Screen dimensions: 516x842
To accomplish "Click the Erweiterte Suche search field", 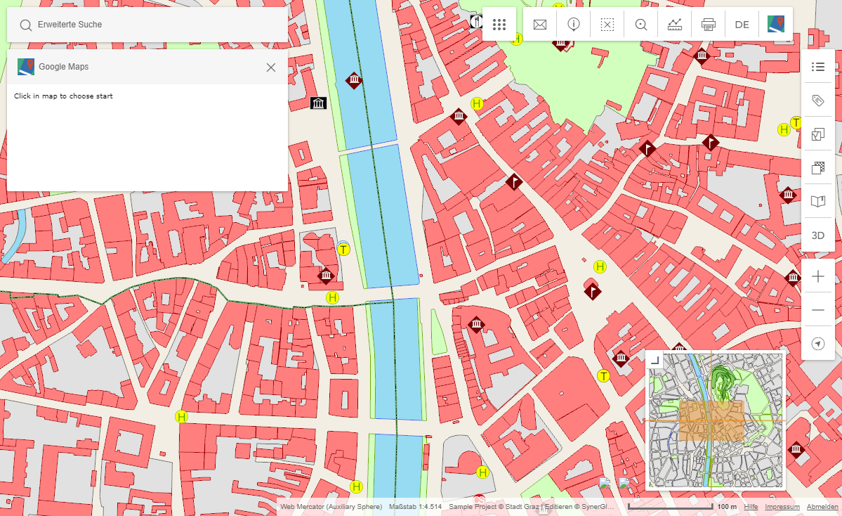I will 147,25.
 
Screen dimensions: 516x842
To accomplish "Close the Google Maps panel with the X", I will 271,67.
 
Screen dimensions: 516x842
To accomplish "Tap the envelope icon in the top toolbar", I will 540,25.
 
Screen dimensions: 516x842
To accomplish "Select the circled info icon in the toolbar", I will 574,25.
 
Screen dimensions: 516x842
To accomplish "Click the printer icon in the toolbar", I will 708,25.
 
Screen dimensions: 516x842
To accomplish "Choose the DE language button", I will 742,25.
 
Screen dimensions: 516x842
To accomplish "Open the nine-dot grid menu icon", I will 499,25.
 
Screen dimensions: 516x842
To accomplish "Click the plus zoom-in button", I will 817,277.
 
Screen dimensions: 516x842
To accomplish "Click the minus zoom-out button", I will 817,310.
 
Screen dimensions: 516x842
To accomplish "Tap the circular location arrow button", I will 817,344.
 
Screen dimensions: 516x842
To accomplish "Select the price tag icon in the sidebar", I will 817,101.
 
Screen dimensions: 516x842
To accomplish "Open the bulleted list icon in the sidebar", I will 817,67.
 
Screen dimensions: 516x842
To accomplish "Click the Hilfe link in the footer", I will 751,507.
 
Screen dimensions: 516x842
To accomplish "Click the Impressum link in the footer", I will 782,507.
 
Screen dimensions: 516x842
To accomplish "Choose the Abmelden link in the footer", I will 822,507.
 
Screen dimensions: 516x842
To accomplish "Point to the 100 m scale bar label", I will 726,507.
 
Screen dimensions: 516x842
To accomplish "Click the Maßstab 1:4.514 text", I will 415,507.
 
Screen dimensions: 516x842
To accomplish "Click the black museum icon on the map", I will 319,104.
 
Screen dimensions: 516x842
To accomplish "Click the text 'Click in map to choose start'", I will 63,96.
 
